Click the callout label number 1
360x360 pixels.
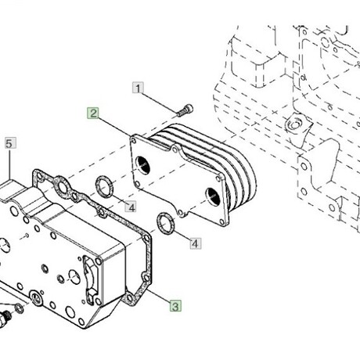(138, 88)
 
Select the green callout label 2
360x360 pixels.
(93, 113)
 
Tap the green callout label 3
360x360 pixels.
(175, 306)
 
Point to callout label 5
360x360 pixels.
(10, 143)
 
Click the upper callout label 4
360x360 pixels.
(131, 207)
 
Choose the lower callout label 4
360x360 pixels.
(196, 243)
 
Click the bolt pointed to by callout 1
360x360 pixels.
(185, 110)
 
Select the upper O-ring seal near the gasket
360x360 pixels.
(104, 186)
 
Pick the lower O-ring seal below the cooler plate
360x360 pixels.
(166, 223)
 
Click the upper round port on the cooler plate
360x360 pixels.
(142, 166)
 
